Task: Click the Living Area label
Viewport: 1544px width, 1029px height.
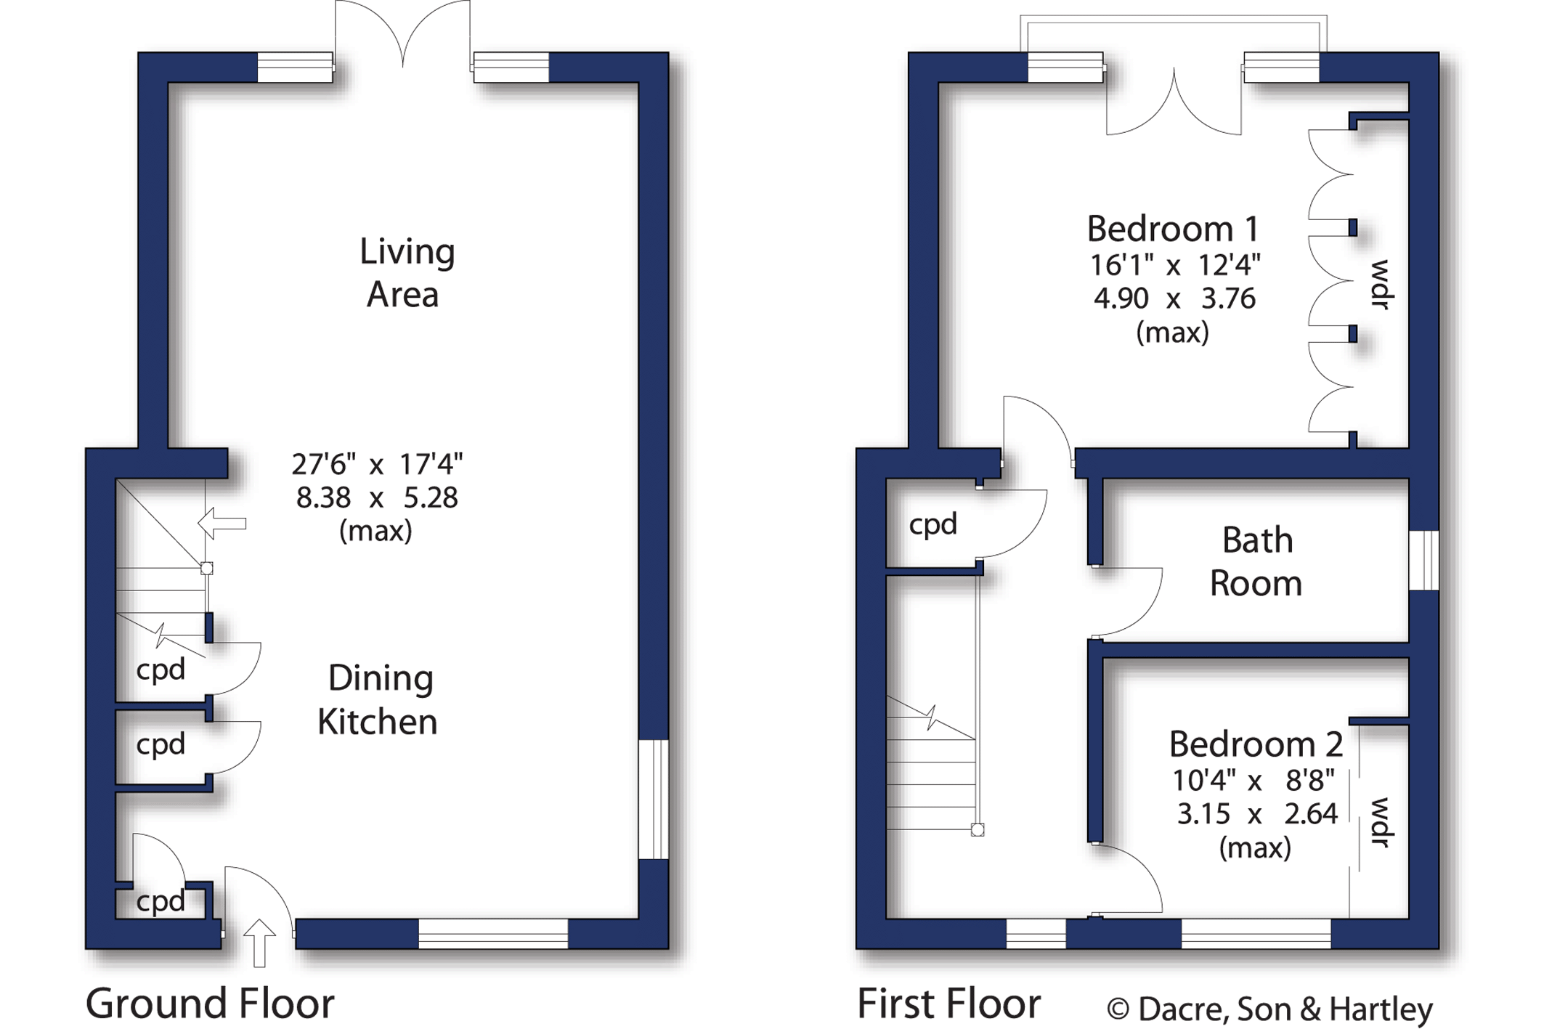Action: [407, 273]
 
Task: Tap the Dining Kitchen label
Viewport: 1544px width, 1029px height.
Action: [378, 700]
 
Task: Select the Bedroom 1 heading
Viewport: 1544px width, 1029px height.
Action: [1172, 229]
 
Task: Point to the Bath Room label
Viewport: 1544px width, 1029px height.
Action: [1256, 562]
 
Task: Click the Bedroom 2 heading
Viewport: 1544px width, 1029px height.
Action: [1256, 744]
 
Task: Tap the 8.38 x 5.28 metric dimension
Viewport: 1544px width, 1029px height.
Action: [377, 498]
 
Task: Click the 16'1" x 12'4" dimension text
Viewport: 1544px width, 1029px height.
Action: [1174, 265]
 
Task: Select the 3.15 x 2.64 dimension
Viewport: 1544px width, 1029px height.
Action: [1256, 814]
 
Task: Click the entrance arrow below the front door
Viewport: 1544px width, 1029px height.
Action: [259, 943]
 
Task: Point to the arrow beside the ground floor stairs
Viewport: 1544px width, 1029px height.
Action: [222, 524]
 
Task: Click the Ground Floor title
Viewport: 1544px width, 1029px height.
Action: [210, 1004]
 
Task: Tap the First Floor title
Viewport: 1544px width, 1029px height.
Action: [948, 1004]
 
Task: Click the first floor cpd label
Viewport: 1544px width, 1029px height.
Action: [933, 525]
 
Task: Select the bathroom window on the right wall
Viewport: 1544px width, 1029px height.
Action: [1424, 560]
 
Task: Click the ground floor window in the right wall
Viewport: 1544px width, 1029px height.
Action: [654, 799]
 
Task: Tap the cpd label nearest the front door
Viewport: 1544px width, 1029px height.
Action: [161, 902]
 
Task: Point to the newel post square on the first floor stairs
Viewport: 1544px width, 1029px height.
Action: [978, 830]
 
